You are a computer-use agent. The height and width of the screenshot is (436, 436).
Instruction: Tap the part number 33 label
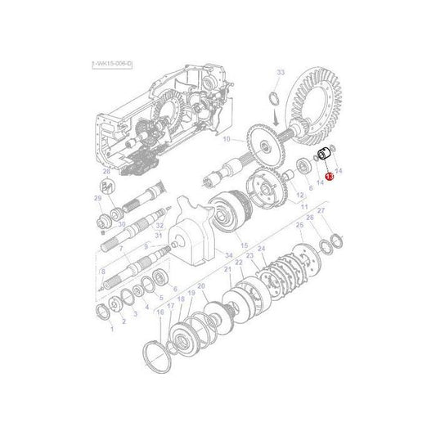pos(281,74)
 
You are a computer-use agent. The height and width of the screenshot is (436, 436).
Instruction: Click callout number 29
pos(97,199)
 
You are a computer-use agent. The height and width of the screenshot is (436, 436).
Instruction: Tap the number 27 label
pos(321,211)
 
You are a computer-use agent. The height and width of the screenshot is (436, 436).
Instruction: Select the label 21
pos(228,269)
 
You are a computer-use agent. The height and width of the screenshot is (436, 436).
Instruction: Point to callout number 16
pos(160,312)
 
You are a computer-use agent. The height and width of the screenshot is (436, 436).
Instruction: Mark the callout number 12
pos(299,195)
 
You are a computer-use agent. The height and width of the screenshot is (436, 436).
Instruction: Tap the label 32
pos(160,224)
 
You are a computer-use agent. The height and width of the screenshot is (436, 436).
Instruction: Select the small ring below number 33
pos(276,102)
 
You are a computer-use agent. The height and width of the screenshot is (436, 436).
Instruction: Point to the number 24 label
pos(261,249)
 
